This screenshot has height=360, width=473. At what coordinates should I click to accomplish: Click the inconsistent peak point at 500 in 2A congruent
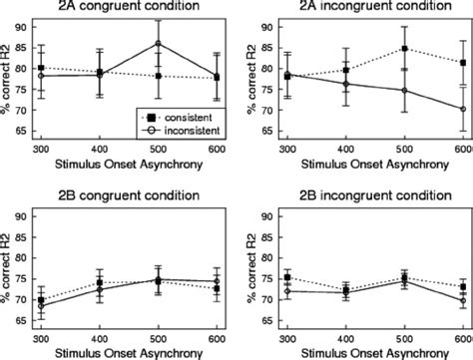158,43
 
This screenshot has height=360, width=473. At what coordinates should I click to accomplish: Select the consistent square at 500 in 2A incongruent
404,49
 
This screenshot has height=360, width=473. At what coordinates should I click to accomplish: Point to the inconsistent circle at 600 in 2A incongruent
462,109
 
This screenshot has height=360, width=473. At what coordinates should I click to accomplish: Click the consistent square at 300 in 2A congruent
40,68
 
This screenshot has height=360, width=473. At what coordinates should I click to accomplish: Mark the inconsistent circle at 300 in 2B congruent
40,304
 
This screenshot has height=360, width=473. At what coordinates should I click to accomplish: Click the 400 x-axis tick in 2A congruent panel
99,149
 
